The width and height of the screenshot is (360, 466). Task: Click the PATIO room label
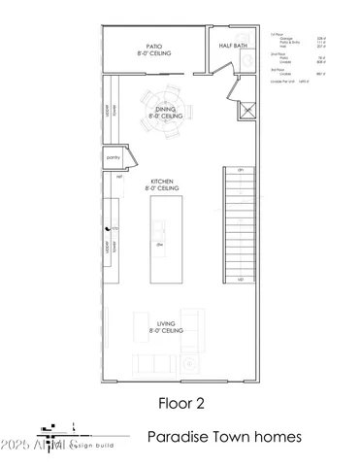point(153,47)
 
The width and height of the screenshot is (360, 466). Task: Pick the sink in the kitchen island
point(158,229)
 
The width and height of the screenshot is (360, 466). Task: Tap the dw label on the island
point(158,246)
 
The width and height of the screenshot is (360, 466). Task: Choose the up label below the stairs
point(240,279)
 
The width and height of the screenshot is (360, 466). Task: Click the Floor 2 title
point(179,399)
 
